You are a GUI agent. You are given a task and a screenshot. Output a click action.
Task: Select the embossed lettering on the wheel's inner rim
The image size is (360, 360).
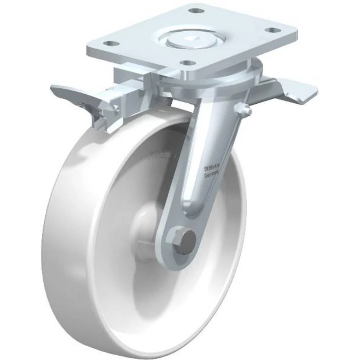pyautogui.click(x=164, y=156)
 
